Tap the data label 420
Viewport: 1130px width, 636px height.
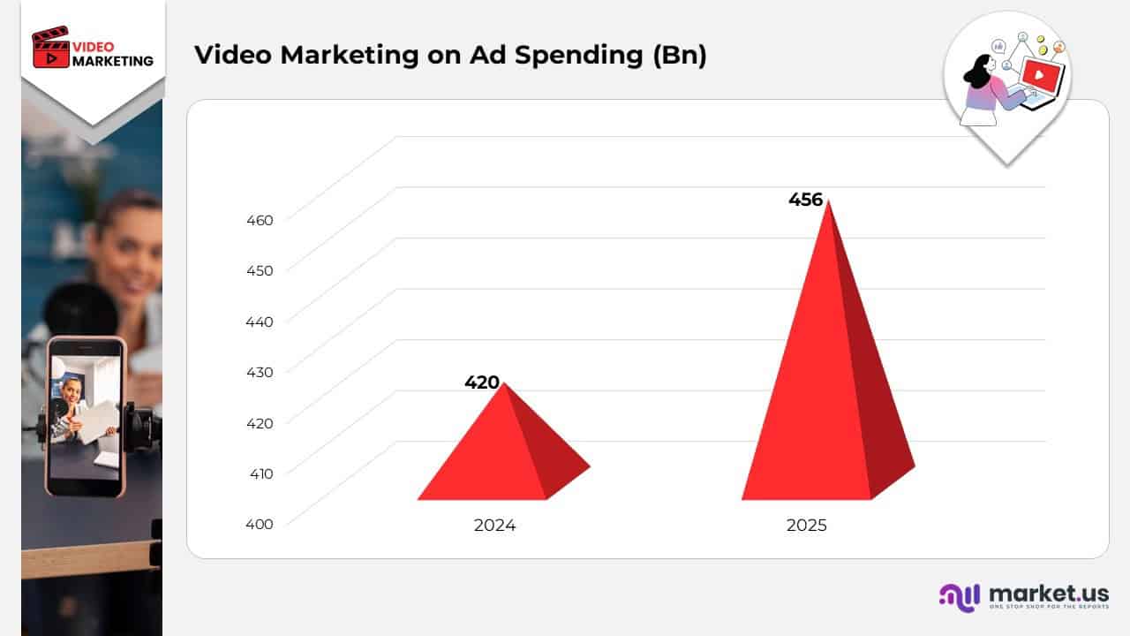pyautogui.click(x=482, y=382)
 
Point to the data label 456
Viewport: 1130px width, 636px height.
pyautogui.click(x=805, y=200)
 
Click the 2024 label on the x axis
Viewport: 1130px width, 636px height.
pyautogui.click(x=494, y=526)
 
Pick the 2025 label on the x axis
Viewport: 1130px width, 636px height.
pyautogui.click(x=806, y=526)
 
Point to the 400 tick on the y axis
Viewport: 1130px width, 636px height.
pyautogui.click(x=259, y=524)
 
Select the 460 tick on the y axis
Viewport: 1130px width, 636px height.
pyautogui.click(x=259, y=220)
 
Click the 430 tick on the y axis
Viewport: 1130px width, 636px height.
pyautogui.click(x=259, y=372)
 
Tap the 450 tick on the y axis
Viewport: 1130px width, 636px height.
pyautogui.click(x=259, y=270)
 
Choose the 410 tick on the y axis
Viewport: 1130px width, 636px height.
pyautogui.click(x=259, y=473)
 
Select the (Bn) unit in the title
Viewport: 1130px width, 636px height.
pyautogui.click(x=679, y=55)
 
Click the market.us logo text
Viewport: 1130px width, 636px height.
pyautogui.click(x=1049, y=594)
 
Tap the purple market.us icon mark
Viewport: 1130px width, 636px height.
pyautogui.click(x=960, y=597)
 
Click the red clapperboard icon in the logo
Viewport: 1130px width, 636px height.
pyautogui.click(x=50, y=49)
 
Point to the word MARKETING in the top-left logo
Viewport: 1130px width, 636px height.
pyautogui.click(x=112, y=61)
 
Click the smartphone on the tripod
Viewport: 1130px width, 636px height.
pyautogui.click(x=86, y=415)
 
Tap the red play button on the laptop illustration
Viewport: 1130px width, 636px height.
pyautogui.click(x=1039, y=76)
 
